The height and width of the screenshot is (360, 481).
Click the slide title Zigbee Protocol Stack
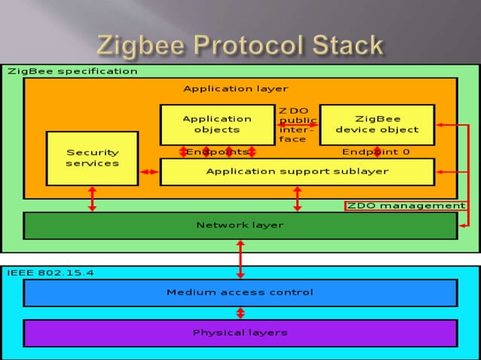click(240, 45)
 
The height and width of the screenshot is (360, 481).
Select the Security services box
click(92, 158)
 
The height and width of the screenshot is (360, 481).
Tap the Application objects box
click(217, 124)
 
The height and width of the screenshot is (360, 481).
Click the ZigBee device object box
click(377, 124)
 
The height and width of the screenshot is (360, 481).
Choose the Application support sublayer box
click(297, 172)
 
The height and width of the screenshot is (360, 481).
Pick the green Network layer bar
click(240, 225)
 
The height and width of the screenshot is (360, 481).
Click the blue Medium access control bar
click(240, 292)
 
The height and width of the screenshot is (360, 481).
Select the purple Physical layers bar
click(240, 333)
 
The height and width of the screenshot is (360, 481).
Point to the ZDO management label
click(406, 206)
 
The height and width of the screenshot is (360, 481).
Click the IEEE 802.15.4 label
click(51, 273)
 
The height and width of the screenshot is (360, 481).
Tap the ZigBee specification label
click(72, 72)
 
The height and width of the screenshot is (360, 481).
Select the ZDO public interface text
click(293, 124)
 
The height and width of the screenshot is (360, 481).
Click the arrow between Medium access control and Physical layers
click(240, 313)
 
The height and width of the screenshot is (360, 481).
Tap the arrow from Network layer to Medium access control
click(240, 259)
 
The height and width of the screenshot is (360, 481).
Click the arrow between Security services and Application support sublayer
click(149, 172)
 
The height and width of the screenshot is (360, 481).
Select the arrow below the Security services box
click(92, 199)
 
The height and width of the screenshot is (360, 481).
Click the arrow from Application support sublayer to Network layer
click(297, 199)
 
